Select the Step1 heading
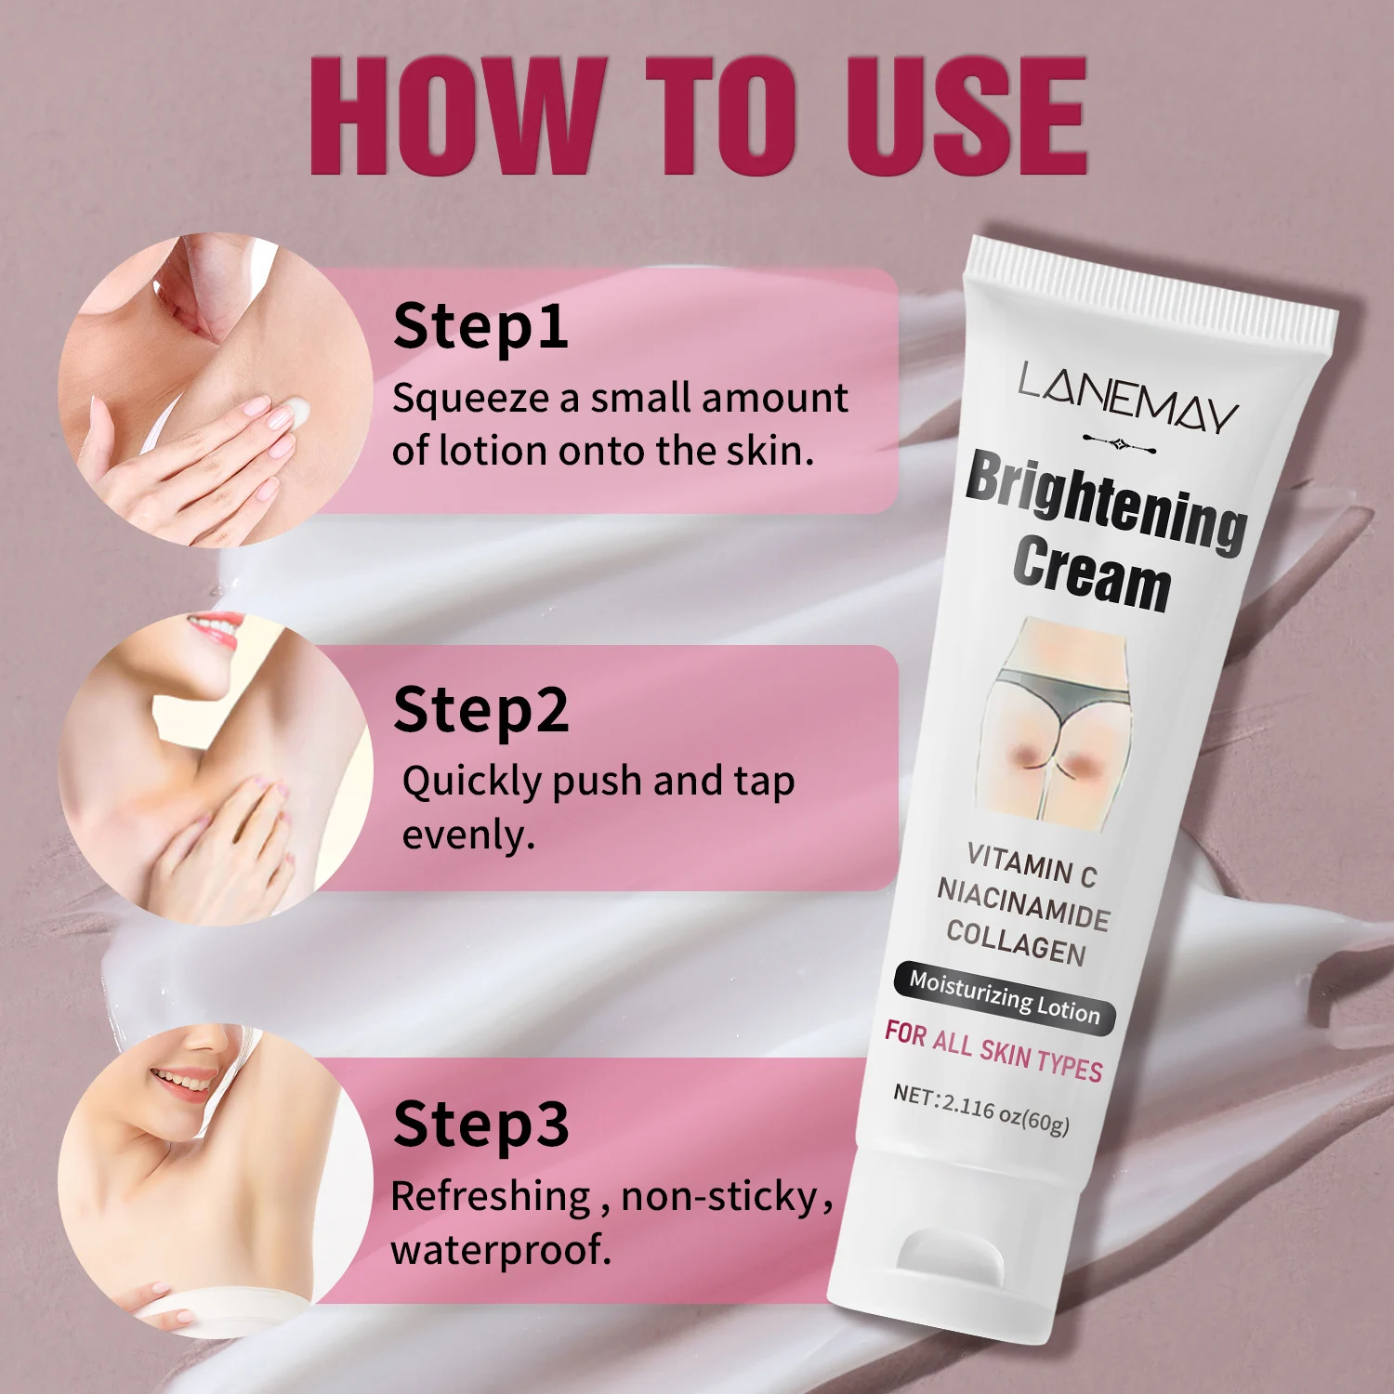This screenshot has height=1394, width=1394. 480,328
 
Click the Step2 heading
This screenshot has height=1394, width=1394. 480,712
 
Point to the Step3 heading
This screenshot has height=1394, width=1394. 480,1125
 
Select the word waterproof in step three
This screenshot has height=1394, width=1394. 501,1251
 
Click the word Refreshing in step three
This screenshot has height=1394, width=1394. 491,1197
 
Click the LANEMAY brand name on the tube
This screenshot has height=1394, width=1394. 1127,398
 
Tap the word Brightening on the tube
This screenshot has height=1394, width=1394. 1106,502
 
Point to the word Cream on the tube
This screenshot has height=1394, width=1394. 1091,574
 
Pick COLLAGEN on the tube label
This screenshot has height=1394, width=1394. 1016,941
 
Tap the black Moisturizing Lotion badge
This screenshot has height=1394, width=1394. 1004,997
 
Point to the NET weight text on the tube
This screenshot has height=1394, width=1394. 981,1110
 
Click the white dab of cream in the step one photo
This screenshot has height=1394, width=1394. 298,411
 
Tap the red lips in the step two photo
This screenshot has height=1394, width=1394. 216,628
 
